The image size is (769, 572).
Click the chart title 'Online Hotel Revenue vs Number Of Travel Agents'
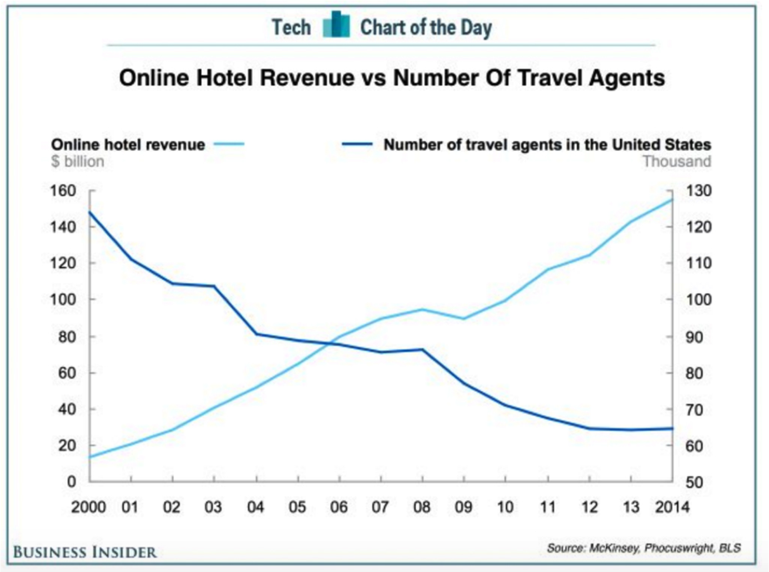392,77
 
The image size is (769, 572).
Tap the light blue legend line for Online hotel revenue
229,144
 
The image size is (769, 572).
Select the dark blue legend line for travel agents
357,144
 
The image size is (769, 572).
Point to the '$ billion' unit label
77,161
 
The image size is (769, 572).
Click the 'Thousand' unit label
677,161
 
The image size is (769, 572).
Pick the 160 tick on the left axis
63,191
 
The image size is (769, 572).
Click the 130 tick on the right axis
698,191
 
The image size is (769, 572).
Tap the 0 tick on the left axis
72,482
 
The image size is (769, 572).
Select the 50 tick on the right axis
694,482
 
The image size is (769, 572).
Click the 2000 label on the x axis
88,507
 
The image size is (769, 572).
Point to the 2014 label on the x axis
672,507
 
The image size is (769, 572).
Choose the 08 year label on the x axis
422,507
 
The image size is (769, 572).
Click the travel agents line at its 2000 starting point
89,211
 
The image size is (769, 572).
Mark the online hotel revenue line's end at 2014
672,200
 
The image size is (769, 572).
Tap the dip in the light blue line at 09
464,318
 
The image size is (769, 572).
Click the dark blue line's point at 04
257,334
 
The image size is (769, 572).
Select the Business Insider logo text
85,552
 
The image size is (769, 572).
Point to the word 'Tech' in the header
291,27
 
